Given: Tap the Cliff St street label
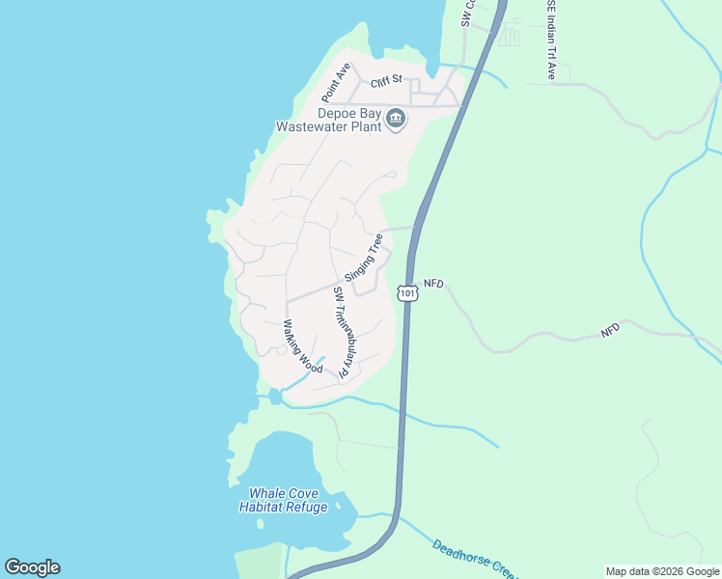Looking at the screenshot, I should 384,84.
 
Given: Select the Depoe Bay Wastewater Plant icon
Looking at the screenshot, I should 396,119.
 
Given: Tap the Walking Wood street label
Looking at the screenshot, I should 301,346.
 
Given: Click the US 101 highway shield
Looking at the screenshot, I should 407,292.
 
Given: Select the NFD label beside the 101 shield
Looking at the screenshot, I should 432,283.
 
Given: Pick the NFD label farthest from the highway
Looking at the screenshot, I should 610,330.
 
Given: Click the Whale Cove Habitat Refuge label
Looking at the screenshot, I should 283,500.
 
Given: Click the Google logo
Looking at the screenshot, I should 32,567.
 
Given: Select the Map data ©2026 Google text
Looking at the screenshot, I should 662,571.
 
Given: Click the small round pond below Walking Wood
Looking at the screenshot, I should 276,396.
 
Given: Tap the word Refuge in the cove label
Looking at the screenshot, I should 305,507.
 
